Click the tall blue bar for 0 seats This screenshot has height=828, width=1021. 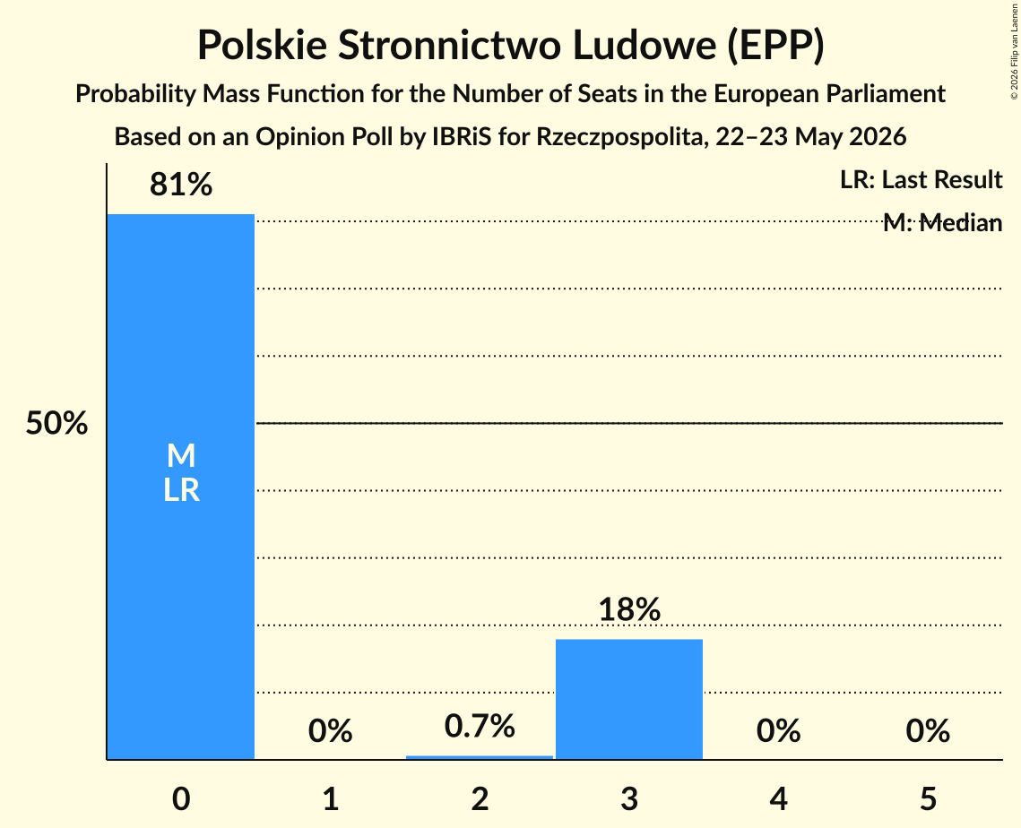[x=181, y=487]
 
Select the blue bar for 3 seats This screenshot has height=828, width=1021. [x=629, y=699]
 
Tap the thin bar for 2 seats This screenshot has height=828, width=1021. [x=480, y=757]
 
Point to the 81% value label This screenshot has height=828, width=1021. [x=181, y=185]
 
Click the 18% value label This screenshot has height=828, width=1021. [x=629, y=610]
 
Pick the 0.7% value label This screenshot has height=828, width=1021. [x=480, y=726]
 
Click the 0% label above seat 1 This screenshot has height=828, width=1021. [x=330, y=731]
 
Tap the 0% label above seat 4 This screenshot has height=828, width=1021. [x=778, y=731]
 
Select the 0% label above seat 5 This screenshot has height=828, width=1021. [x=928, y=731]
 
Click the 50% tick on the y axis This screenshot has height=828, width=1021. [x=56, y=424]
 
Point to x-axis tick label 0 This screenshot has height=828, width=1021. [x=181, y=798]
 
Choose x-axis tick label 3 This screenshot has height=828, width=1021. [x=629, y=798]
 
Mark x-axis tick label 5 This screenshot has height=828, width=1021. [x=928, y=798]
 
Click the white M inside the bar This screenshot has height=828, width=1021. [x=181, y=455]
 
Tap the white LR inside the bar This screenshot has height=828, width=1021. [x=181, y=490]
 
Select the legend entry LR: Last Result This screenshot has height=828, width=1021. [x=921, y=179]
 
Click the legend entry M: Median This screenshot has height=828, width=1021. [x=942, y=222]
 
